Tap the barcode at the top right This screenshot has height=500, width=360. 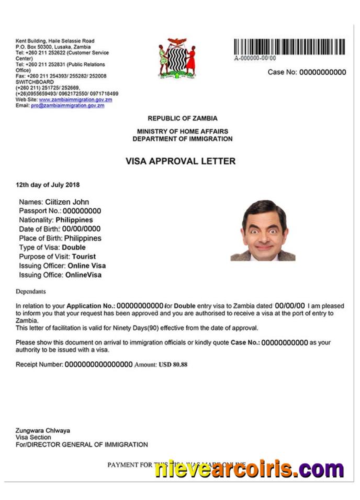(x=289, y=47)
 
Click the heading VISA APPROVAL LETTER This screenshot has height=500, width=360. (x=181, y=161)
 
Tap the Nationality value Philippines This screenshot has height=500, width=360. (x=74, y=220)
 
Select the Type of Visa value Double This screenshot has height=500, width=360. (x=74, y=247)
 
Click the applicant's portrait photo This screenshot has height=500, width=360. (x=263, y=230)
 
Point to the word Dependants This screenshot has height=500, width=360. (x=31, y=291)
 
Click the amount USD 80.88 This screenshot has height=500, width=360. (x=173, y=364)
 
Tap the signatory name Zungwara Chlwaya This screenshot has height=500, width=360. (x=43, y=430)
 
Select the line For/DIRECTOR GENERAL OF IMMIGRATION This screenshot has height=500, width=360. (x=82, y=445)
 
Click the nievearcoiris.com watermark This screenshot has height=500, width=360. (x=249, y=469)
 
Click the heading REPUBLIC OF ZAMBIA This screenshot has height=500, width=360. (x=182, y=119)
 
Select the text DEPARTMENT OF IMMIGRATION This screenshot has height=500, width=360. (x=182, y=139)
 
